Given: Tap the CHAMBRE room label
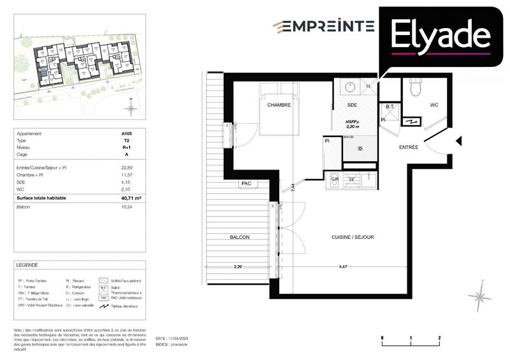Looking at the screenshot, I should pyautogui.click(x=279, y=105).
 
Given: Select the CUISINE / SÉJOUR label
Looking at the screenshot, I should pyautogui.click(x=353, y=237).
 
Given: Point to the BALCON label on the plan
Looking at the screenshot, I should pyautogui.click(x=240, y=237).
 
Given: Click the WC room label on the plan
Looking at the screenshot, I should pyautogui.click(x=434, y=105).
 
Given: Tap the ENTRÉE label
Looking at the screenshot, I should pyautogui.click(x=409, y=147).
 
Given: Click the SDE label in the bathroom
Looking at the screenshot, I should pyautogui.click(x=351, y=105).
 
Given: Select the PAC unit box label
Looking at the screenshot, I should pyautogui.click(x=246, y=184).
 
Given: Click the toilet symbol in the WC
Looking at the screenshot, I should pyautogui.click(x=416, y=87).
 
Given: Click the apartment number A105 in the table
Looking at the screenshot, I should pyautogui.click(x=127, y=134).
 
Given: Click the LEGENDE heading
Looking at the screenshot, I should pyautogui.click(x=28, y=265).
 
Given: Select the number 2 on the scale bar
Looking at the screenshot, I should pyautogui.click(x=440, y=336).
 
